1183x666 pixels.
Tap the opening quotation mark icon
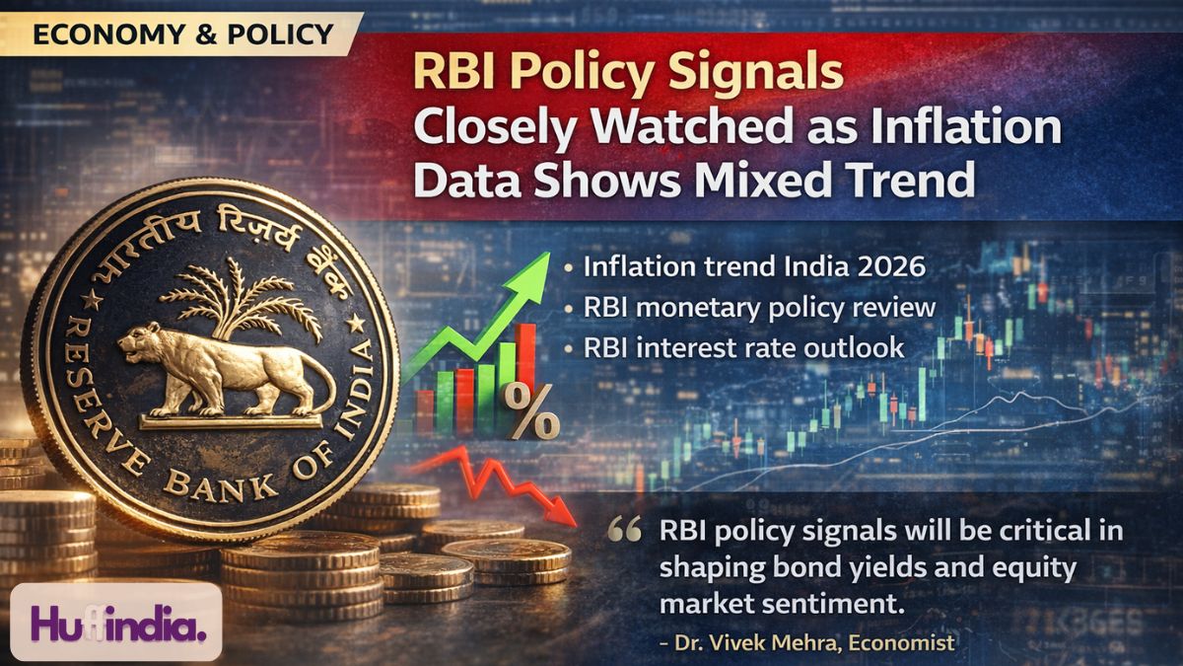pyautogui.click(x=626, y=533)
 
